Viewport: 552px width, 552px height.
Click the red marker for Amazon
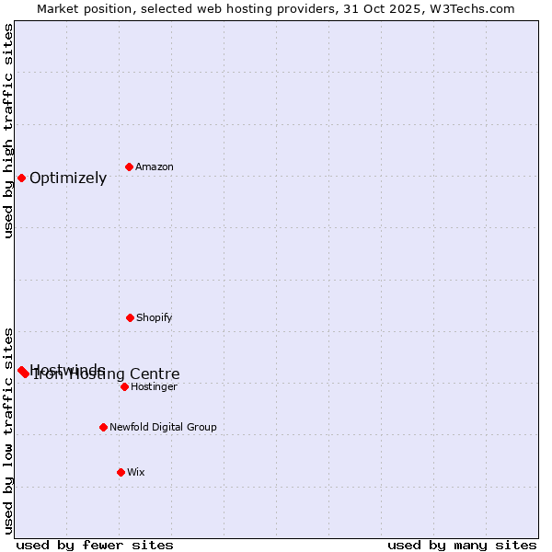(129, 167)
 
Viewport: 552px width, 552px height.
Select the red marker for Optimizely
(21, 178)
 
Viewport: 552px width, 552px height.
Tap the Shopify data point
(130, 317)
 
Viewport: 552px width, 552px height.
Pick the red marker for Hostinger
(124, 386)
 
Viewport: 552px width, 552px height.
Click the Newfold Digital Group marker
(103, 427)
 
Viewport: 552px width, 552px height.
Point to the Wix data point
(121, 472)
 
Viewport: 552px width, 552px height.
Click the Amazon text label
(155, 167)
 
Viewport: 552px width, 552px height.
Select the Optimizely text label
(68, 178)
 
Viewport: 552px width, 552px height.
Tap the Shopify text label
(155, 317)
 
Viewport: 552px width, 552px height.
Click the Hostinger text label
(154, 386)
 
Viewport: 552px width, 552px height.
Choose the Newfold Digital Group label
(163, 427)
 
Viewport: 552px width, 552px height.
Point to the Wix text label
(136, 472)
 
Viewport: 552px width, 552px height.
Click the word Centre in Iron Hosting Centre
(155, 374)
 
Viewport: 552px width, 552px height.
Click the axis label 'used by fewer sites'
(95, 545)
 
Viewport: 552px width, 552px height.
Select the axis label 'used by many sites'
(462, 545)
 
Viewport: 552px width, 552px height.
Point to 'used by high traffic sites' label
(8, 131)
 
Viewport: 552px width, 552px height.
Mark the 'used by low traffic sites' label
(8, 431)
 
